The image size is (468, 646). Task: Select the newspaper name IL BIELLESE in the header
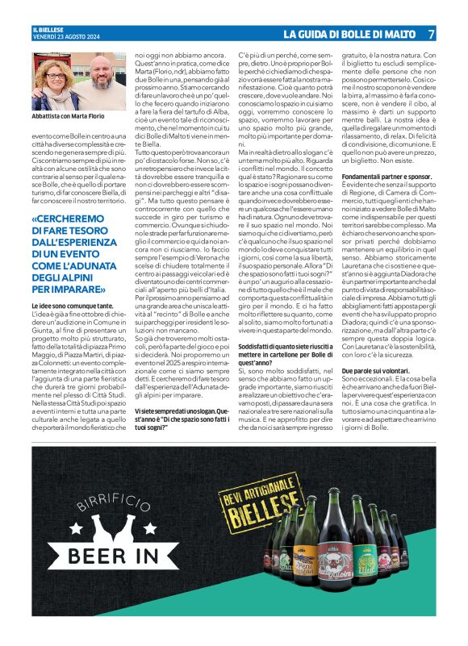[48, 29]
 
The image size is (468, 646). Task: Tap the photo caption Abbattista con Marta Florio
[69, 117]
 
